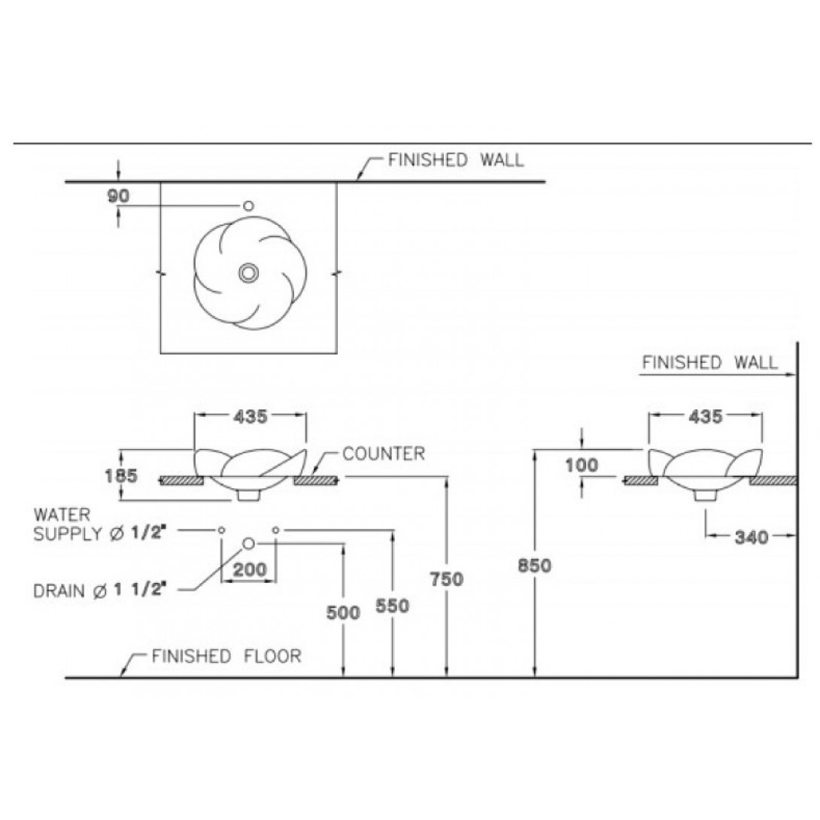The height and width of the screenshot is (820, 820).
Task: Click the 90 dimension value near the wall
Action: tap(119, 196)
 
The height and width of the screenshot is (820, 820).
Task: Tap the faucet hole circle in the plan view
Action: tap(248, 205)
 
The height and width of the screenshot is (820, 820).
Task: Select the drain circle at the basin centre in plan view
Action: tap(248, 273)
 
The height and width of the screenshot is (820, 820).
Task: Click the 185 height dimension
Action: tap(121, 475)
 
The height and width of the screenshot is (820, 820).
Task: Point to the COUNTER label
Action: tap(383, 454)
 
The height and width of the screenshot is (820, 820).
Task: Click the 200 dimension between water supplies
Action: tap(249, 569)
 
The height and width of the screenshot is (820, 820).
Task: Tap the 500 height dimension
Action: tap(343, 612)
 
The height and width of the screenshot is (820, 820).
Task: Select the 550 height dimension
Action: tap(393, 606)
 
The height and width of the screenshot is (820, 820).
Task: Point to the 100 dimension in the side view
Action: tap(582, 465)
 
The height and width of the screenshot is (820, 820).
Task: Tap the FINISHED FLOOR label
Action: tap(226, 656)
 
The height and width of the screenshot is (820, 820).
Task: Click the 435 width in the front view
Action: tap(250, 417)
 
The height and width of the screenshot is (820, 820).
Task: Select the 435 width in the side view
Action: tap(705, 417)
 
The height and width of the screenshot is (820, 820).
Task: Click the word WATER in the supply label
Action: tap(62, 515)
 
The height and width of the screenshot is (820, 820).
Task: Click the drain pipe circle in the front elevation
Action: tap(249, 543)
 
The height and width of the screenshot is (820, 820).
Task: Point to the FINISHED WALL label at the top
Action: tap(455, 160)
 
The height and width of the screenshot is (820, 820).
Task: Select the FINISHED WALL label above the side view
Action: tap(709, 363)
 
